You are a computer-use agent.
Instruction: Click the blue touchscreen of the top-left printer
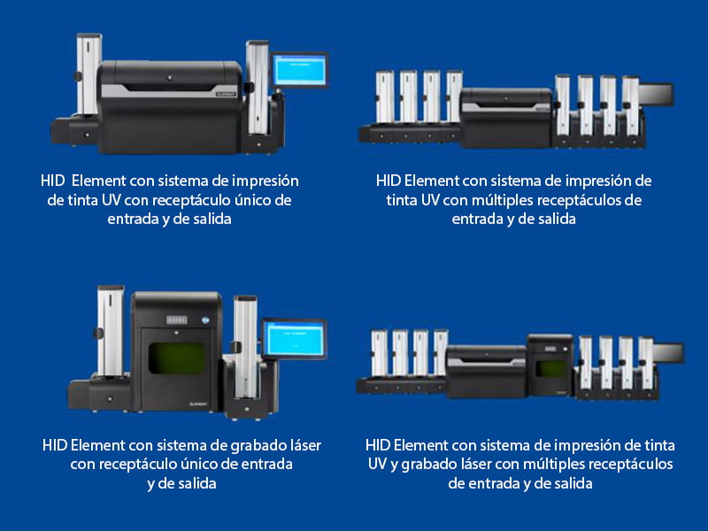tap(299, 68)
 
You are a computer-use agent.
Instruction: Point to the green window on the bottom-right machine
tap(550, 368)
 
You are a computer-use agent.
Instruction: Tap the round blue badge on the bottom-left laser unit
tap(209, 321)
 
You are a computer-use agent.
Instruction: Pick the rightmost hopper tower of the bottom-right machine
tap(645, 362)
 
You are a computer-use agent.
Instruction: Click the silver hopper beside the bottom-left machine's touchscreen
tap(245, 335)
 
